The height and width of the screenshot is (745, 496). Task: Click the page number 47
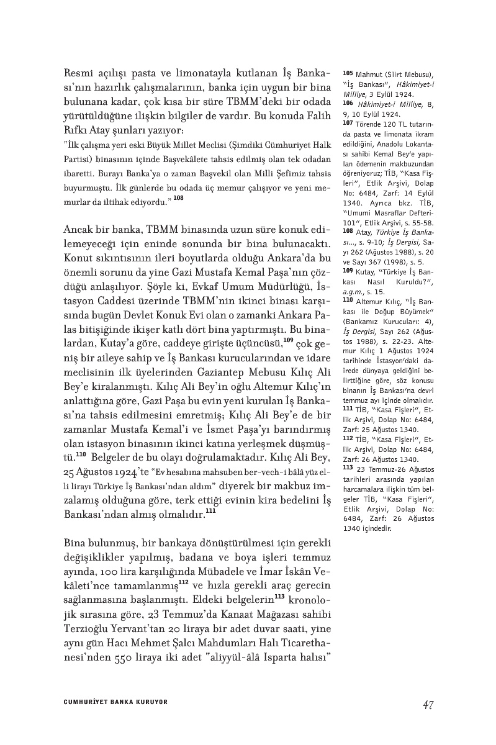pyautogui.click(x=426, y=704)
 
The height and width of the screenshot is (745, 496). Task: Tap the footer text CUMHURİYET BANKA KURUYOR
pyautogui.click(x=116, y=703)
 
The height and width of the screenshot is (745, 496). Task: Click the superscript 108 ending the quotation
pyautogui.click(x=178, y=199)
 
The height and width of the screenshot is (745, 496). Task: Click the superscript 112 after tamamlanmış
pyautogui.click(x=184, y=582)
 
